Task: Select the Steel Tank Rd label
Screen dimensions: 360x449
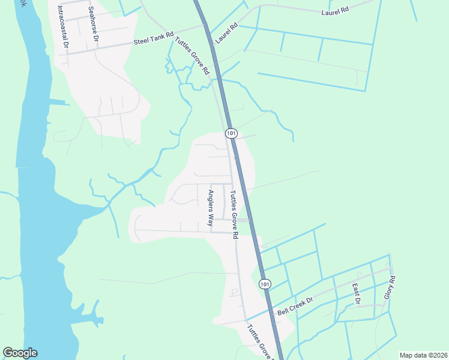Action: pyautogui.click(x=153, y=40)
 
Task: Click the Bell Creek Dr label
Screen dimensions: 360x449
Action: pyautogui.click(x=295, y=307)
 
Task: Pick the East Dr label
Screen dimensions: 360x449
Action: pyautogui.click(x=356, y=293)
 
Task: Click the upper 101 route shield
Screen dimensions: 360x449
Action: pyautogui.click(x=232, y=133)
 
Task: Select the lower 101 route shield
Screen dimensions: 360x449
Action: pyautogui.click(x=264, y=283)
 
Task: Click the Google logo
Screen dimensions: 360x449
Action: pyautogui.click(x=20, y=353)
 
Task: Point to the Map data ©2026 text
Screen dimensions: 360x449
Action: pyautogui.click(x=423, y=355)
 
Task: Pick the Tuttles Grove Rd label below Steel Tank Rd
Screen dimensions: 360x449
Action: pyautogui.click(x=192, y=56)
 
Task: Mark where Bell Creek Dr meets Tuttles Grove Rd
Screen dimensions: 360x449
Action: pyautogui.click(x=246, y=320)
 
